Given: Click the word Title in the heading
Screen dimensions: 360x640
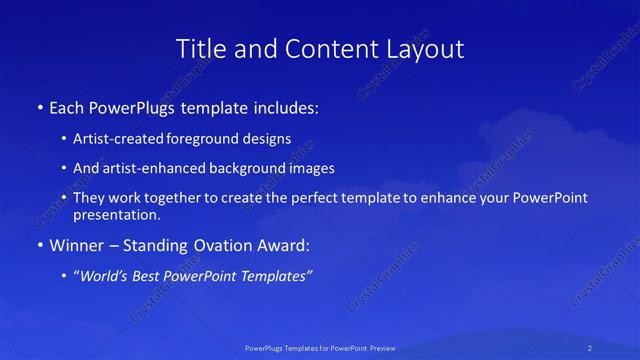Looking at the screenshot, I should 200,48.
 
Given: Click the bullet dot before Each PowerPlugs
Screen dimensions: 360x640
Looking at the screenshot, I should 39,106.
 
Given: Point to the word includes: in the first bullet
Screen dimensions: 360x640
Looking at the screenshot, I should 290,106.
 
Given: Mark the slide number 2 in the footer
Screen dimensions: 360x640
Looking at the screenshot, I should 590,348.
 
